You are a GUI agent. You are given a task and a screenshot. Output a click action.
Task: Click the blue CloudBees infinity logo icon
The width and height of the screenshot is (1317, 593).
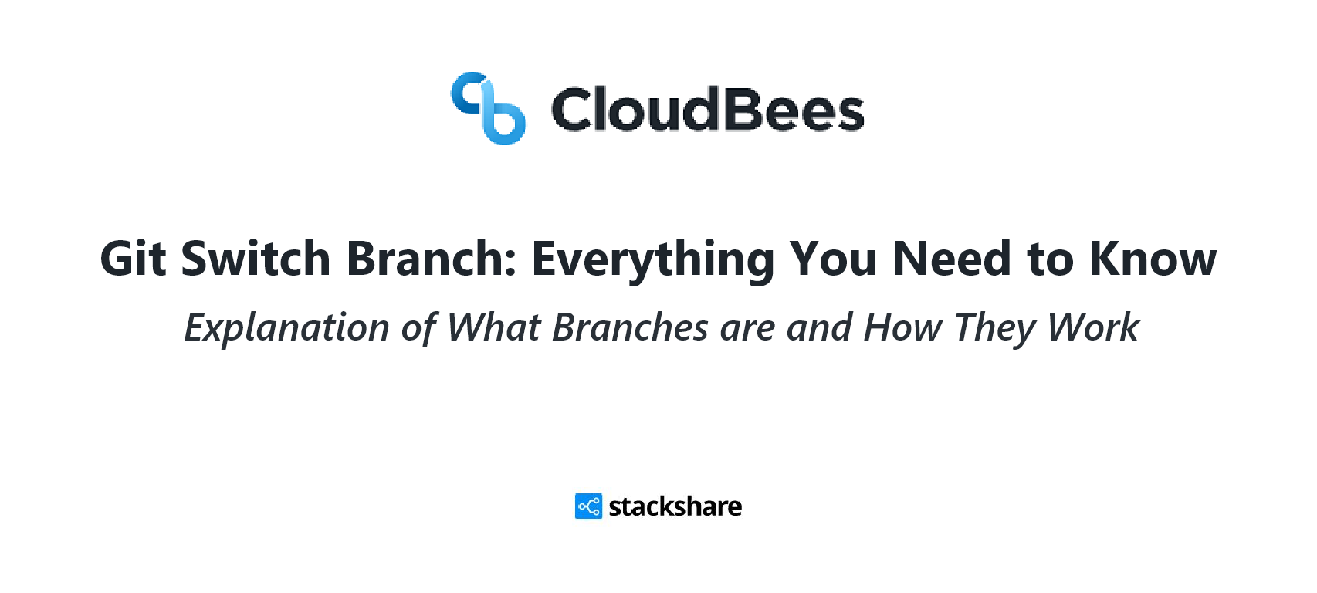click(x=488, y=108)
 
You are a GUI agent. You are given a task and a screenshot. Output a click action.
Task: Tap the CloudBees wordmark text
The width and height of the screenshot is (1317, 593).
click(x=708, y=110)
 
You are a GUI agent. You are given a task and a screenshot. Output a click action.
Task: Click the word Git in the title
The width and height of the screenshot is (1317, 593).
click(x=134, y=258)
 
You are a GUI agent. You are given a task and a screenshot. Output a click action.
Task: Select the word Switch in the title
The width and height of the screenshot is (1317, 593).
click(x=256, y=258)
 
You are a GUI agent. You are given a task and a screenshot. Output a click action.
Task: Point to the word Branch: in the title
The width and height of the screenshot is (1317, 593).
click(x=431, y=258)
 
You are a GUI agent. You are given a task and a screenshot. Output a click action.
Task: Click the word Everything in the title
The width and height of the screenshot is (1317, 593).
click(x=653, y=261)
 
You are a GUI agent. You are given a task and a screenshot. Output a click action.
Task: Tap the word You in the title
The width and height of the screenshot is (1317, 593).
click(x=833, y=258)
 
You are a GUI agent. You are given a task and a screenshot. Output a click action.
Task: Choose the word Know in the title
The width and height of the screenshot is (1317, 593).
click(x=1153, y=258)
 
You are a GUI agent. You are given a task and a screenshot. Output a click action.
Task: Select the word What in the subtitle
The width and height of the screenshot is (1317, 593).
click(x=493, y=327)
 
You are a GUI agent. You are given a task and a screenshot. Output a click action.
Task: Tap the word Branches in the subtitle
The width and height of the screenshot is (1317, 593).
click(x=630, y=327)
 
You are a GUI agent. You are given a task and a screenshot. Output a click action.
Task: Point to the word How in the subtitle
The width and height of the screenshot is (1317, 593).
click(x=902, y=327)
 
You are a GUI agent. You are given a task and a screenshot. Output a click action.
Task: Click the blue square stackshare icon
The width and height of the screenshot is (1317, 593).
click(x=588, y=507)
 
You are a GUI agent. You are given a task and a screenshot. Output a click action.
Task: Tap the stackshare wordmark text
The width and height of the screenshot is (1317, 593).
click(x=675, y=507)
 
